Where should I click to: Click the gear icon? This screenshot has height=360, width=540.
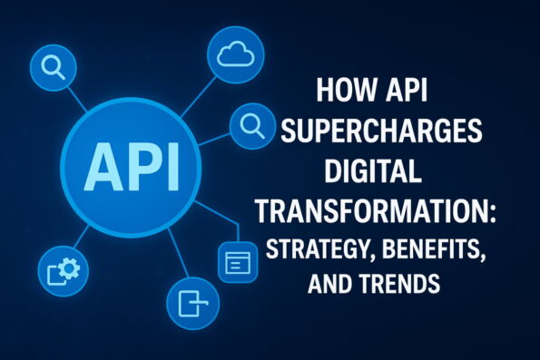[64, 268]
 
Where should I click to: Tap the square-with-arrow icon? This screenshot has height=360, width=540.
[192, 303]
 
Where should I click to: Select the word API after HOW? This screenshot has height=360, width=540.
[403, 95]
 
